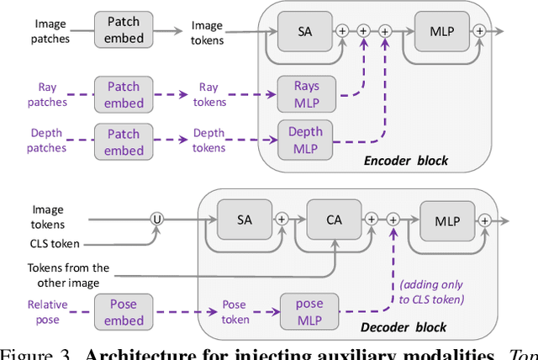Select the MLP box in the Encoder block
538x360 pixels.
tap(442, 30)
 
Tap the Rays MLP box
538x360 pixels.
tap(305, 93)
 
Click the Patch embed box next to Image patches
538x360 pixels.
tap(124, 29)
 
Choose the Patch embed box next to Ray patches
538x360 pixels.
tap(124, 93)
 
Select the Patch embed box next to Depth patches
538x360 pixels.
tap(124, 141)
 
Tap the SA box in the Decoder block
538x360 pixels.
tap(245, 219)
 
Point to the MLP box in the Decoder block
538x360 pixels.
tap(446, 219)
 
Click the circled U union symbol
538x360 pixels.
tap(156, 219)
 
